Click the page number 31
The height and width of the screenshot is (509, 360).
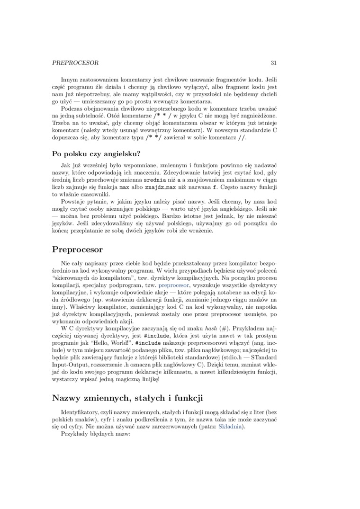(x=273, y=63)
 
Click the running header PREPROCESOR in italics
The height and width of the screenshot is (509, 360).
(x=75, y=63)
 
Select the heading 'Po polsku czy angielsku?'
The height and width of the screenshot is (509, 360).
(x=97, y=153)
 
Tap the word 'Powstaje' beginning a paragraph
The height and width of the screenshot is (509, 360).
(x=74, y=201)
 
